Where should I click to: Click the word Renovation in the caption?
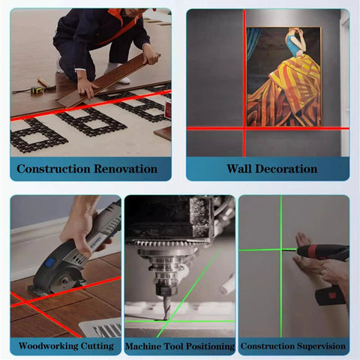pyautogui.click(x=126, y=169)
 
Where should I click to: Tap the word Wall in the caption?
pyautogui.click(x=239, y=169)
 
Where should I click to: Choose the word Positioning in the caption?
pyautogui.click(x=211, y=346)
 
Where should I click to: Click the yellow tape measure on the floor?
pyautogui.click(x=37, y=90)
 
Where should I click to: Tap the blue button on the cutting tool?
pyautogui.click(x=50, y=262)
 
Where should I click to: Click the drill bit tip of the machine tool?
pyautogui.click(x=165, y=319)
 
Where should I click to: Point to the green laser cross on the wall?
pyautogui.click(x=281, y=250)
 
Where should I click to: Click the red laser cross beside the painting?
pyautogui.click(x=244, y=128)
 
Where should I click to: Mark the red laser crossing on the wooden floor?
pyautogui.click(x=26, y=302)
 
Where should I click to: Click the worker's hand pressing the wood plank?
pyautogui.click(x=87, y=89)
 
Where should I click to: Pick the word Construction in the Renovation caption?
pyautogui.click(x=53, y=169)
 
